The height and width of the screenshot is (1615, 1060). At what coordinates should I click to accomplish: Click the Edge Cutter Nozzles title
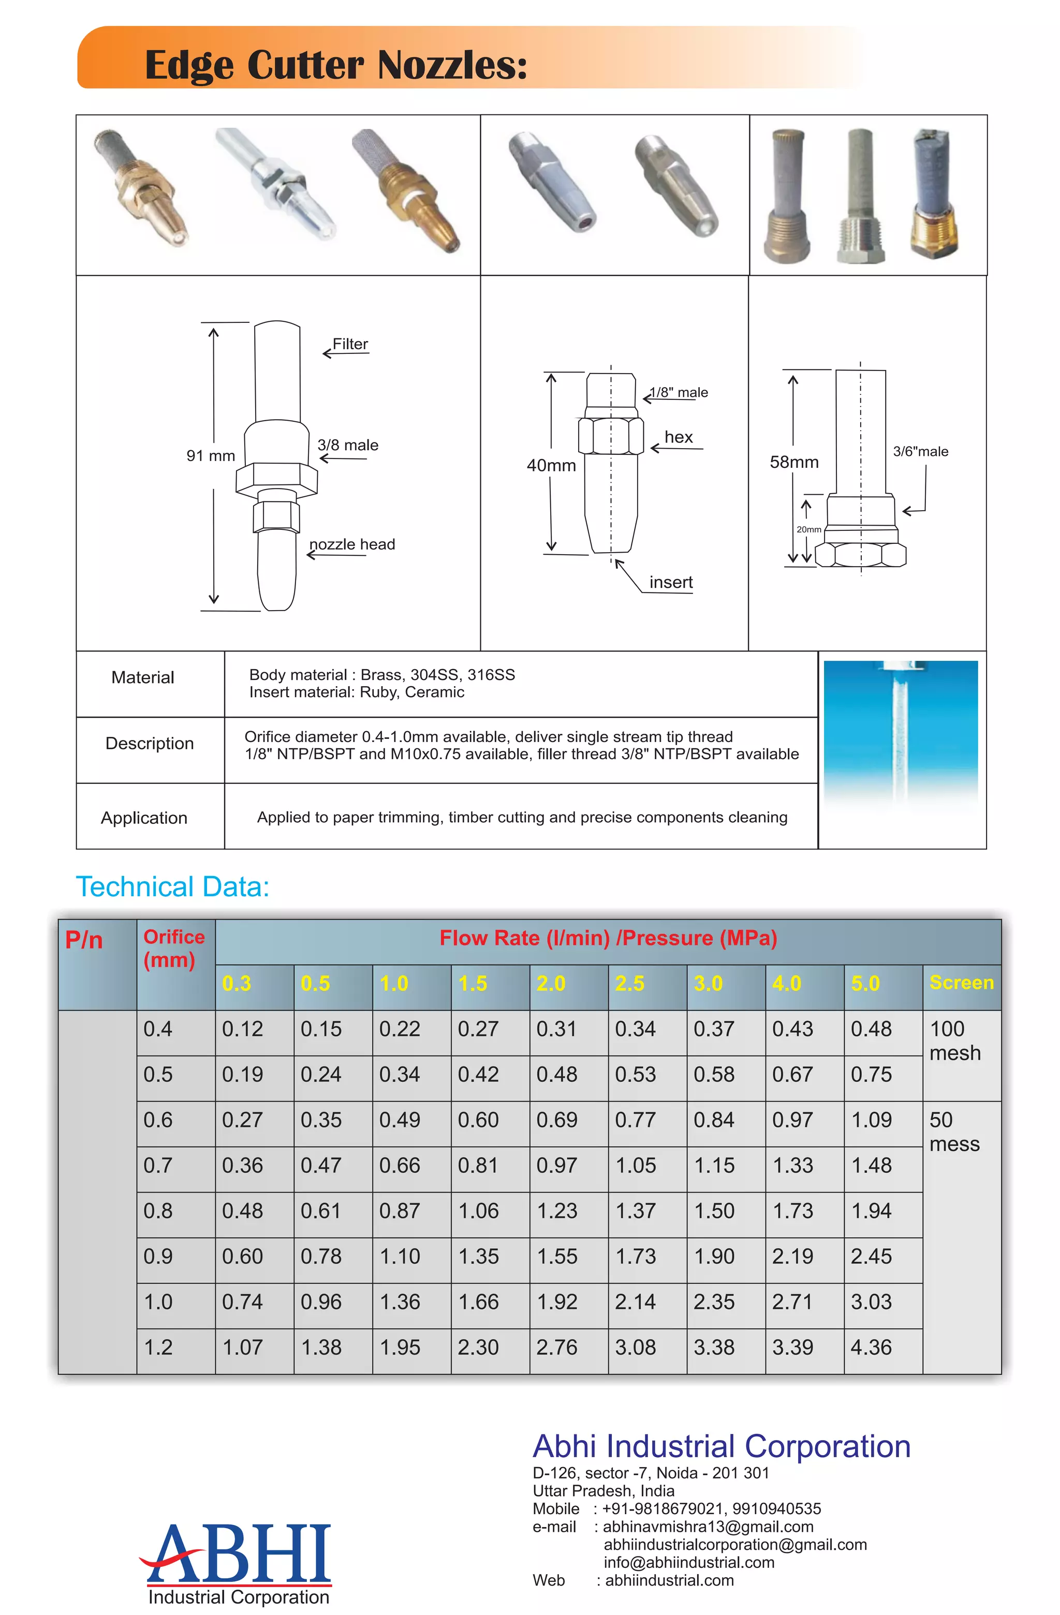coord(336,65)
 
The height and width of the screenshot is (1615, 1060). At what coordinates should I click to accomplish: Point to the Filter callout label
coord(350,344)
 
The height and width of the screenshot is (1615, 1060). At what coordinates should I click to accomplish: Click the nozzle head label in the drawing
coord(352,544)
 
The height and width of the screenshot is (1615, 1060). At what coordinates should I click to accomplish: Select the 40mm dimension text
coord(551,466)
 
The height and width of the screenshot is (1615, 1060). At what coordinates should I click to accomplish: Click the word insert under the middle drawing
coord(670,582)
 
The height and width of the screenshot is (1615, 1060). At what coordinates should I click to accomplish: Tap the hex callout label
coord(679,437)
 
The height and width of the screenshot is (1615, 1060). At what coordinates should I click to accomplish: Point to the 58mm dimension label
coord(794,462)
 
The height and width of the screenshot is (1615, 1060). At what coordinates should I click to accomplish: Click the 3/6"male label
coord(920,451)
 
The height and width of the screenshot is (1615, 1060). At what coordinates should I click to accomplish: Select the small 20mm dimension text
coord(808,529)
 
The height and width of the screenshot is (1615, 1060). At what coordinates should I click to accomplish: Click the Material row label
coord(142,677)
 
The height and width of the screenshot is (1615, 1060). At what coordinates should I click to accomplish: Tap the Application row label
coord(144,818)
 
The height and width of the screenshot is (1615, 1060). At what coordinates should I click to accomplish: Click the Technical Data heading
coord(172,887)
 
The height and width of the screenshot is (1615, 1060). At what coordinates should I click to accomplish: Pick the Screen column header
coord(961,983)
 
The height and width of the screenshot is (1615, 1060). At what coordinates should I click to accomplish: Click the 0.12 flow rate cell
coord(242,1029)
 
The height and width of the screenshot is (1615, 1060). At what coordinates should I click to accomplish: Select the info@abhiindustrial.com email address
coord(689,1562)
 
